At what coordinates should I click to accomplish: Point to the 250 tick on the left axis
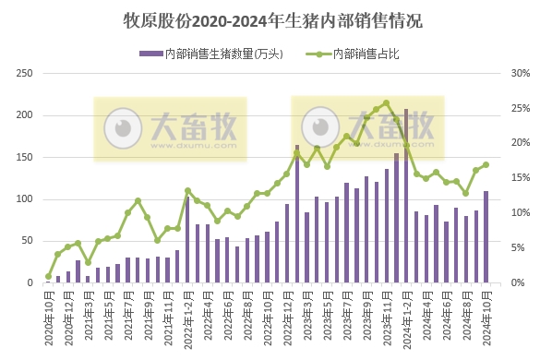[27, 73]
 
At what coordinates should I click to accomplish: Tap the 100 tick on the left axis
[27, 199]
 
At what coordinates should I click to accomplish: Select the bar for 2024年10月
[486, 237]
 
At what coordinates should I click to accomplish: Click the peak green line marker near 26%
[386, 102]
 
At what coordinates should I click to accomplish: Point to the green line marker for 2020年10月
[48, 276]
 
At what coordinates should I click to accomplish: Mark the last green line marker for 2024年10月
[486, 165]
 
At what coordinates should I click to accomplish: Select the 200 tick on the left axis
[27, 115]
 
